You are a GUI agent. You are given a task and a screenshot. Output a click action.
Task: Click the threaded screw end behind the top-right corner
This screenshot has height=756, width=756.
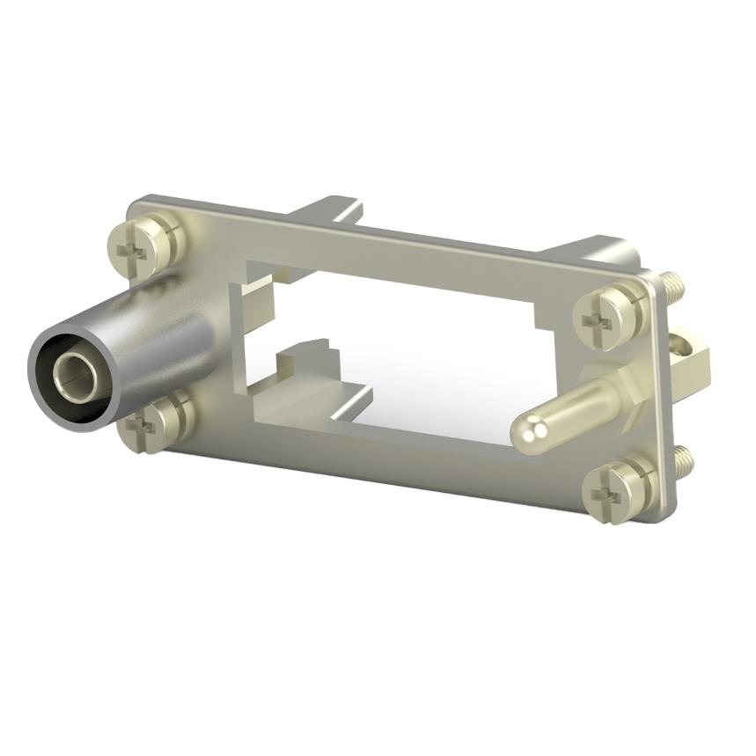click(x=672, y=283)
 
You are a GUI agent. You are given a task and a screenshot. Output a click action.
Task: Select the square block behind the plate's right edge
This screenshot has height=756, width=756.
click(x=692, y=356)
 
